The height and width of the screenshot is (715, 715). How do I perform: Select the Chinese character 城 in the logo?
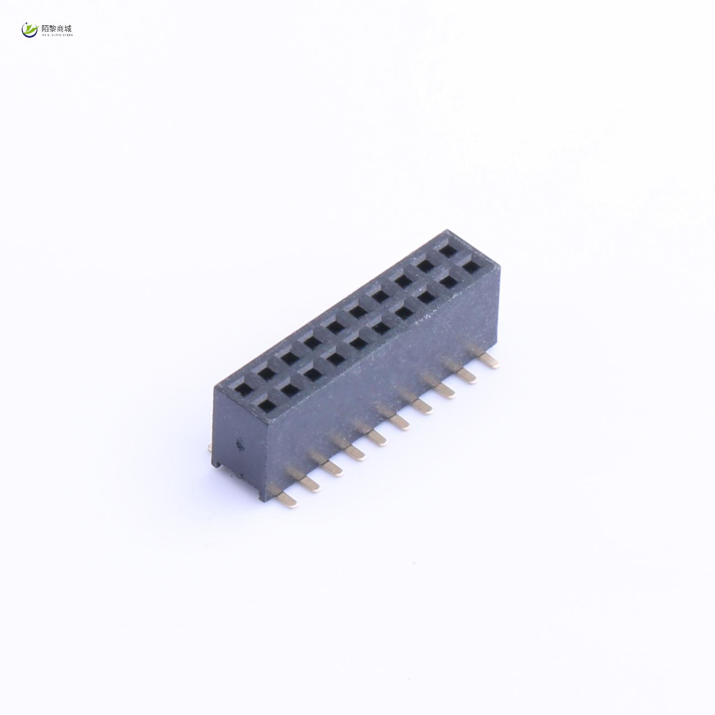(68, 28)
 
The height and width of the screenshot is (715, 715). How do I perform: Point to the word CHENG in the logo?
(68, 34)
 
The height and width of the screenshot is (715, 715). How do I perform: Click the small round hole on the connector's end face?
(239, 443)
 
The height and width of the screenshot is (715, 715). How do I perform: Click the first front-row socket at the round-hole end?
(265, 404)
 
